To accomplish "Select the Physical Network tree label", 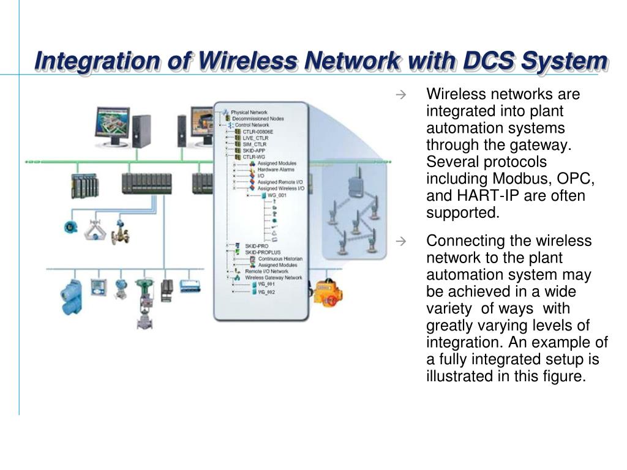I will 250,113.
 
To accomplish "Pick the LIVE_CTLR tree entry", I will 255,138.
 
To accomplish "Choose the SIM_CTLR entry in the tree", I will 255,144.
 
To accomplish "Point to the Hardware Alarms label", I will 275,170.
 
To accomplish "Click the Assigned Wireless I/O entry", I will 280,188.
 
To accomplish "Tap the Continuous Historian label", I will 280,258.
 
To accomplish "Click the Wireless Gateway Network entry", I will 274,277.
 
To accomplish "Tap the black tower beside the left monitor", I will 141,131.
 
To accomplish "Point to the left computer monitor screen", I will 111,122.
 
